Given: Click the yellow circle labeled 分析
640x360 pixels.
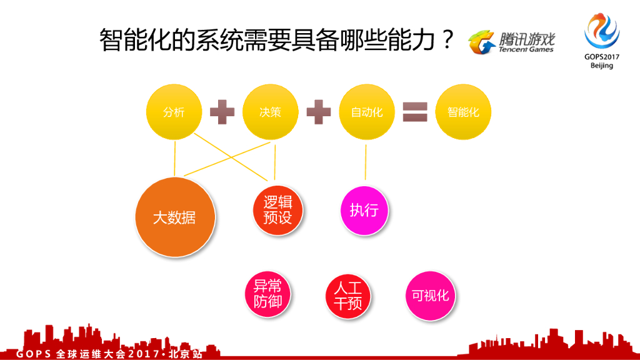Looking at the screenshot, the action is [174, 112].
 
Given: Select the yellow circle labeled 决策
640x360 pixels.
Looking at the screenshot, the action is [270, 112].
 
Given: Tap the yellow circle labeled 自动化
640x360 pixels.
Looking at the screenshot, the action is [367, 112].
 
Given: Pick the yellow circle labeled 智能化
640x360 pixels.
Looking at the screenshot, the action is [463, 112].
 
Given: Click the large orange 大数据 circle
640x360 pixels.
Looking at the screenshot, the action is [175, 217].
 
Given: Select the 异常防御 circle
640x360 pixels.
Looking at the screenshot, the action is [267, 294].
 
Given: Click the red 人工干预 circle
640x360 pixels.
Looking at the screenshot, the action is [347, 296].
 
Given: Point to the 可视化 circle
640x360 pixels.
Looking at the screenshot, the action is [431, 296].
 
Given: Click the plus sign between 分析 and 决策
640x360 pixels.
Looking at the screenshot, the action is [222, 112].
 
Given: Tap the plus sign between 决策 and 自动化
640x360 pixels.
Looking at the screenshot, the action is [318, 112].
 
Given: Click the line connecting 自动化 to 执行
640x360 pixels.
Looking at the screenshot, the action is [366, 162].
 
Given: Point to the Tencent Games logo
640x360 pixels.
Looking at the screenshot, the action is [512, 42].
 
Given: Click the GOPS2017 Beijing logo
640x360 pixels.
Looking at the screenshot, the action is [602, 41].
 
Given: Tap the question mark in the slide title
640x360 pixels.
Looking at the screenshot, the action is [446, 41].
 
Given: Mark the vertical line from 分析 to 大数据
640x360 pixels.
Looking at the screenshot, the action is [175, 159].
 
